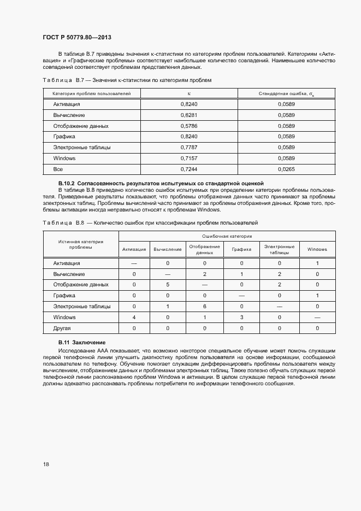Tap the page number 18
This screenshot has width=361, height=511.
point(46,465)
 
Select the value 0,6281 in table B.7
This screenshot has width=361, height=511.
point(188,115)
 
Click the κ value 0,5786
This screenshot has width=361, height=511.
point(188,126)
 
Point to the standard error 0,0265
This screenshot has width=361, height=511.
point(286,169)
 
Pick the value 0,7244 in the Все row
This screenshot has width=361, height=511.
point(188,169)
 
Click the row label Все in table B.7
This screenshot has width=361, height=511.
point(58,169)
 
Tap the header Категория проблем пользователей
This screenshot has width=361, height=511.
point(92,94)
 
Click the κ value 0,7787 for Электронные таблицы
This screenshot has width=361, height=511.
point(188,148)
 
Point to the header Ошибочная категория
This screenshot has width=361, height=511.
point(227,236)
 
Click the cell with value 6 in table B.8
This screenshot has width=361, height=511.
point(204,307)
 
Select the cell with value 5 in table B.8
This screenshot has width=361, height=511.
point(168,285)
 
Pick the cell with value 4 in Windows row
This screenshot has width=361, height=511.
point(134,318)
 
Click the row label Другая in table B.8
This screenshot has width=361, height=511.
point(62,328)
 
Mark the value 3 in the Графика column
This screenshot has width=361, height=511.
point(241,318)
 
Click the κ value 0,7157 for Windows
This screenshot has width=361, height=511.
point(188,158)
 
